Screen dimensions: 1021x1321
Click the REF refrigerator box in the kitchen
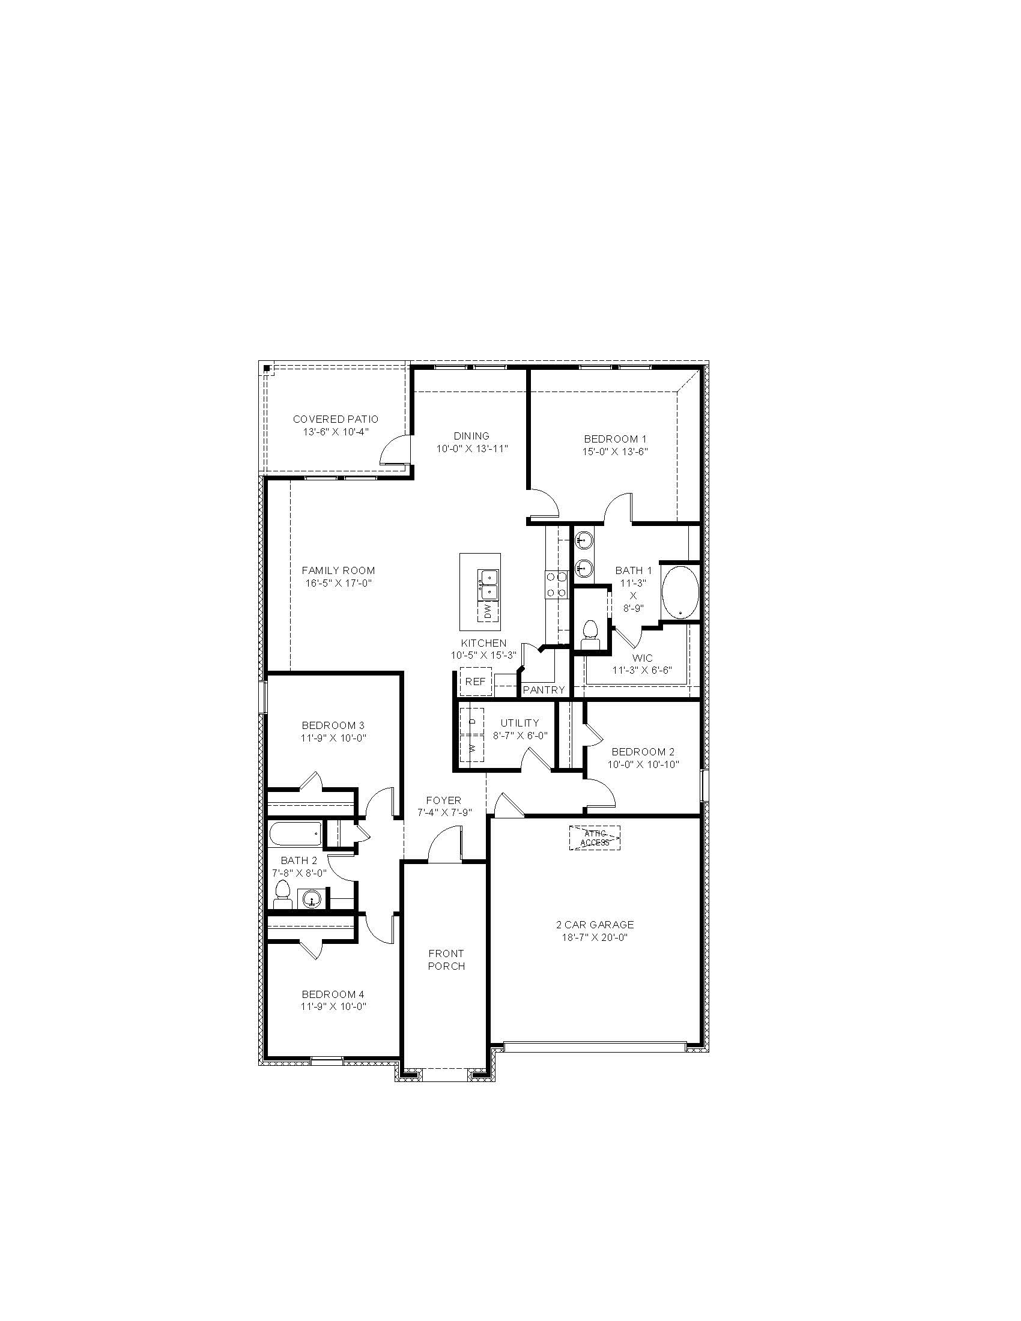[x=476, y=682]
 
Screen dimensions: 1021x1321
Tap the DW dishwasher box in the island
[x=488, y=611]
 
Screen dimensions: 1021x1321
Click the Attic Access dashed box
[x=595, y=838]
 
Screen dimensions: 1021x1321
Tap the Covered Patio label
[x=336, y=419]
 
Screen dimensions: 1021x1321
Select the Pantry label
[x=544, y=689]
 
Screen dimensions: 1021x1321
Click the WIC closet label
[x=643, y=657]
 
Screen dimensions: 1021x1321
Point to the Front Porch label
[x=446, y=960]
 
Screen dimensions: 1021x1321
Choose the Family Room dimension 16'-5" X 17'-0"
[x=338, y=583]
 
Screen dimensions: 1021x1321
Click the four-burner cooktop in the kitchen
[x=557, y=585]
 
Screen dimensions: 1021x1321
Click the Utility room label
[x=520, y=723]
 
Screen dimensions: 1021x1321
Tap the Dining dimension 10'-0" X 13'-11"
[x=472, y=448]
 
